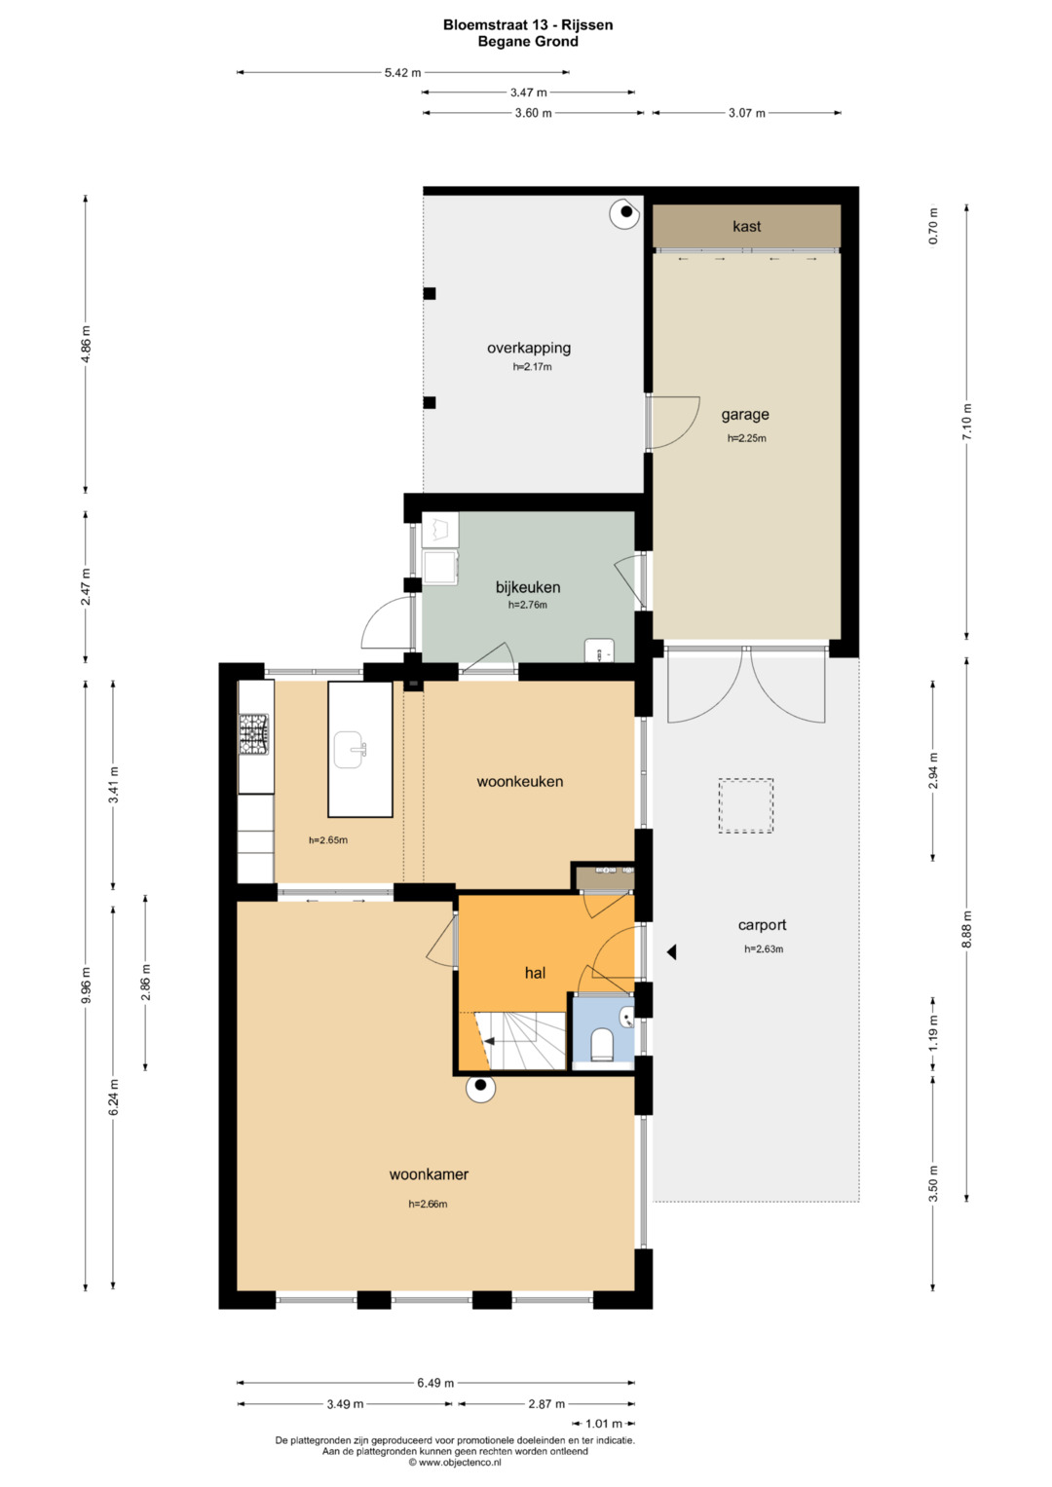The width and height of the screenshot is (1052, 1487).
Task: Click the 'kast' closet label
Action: [x=746, y=226]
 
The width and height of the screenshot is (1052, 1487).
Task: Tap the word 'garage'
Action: [x=745, y=415]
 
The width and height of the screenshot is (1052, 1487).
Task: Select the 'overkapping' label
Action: [x=529, y=348]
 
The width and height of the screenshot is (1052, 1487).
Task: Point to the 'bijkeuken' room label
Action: [x=528, y=587]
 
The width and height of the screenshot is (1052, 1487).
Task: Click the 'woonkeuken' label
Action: [x=520, y=781]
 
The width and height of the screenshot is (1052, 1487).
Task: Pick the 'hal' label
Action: [x=536, y=973]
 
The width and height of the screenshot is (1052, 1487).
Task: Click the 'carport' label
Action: [x=763, y=925]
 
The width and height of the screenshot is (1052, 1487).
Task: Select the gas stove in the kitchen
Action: [x=254, y=734]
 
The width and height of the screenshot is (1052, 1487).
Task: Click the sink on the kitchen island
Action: [x=350, y=750]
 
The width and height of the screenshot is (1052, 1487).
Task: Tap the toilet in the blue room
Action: [x=602, y=1044]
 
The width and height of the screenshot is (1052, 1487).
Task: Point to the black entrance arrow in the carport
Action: [x=671, y=952]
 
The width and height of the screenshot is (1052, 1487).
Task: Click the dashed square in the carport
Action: [x=746, y=805]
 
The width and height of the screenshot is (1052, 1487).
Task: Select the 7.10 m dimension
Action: [x=967, y=422]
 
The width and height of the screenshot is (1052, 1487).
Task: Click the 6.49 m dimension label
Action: [x=435, y=1383]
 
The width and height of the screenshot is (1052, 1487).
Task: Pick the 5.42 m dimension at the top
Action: [x=402, y=72]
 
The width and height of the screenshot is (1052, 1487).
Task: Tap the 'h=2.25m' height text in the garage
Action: [x=746, y=438]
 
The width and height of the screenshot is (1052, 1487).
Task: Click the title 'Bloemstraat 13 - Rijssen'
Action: [x=528, y=25]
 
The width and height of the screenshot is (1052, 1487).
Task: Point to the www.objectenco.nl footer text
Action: [x=455, y=1462]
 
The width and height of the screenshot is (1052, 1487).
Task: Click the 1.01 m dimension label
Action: [x=604, y=1424]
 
